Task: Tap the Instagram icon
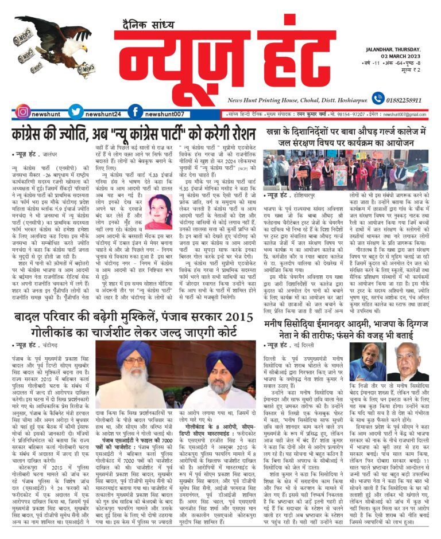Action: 22,112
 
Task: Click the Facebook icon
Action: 135,112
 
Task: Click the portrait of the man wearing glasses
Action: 363,361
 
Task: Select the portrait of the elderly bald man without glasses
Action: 407,361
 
